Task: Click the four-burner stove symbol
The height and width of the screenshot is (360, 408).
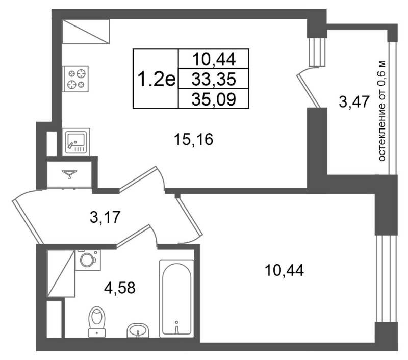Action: click(75, 79)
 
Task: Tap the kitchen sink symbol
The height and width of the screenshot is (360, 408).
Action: click(76, 142)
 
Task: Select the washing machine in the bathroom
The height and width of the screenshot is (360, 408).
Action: click(88, 260)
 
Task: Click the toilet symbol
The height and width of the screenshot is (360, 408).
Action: click(97, 322)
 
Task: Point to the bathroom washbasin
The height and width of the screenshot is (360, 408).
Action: click(138, 330)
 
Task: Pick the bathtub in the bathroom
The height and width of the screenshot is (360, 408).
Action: click(176, 299)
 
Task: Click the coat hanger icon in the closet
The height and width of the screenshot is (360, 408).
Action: click(69, 174)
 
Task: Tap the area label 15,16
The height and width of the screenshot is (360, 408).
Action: click(194, 139)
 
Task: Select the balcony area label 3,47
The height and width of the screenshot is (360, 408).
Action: click(354, 101)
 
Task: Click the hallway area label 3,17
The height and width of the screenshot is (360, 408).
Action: click(105, 217)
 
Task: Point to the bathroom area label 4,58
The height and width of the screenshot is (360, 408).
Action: click(119, 288)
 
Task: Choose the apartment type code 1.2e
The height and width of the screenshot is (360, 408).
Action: click(156, 79)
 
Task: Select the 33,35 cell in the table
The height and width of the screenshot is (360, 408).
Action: click(214, 79)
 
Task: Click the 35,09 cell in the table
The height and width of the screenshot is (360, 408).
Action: click(214, 98)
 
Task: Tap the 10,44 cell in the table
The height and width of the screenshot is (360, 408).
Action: click(214, 59)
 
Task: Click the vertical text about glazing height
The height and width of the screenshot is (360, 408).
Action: click(381, 111)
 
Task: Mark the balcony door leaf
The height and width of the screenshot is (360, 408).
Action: click(308, 91)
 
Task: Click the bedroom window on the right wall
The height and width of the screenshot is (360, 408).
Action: click(387, 278)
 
